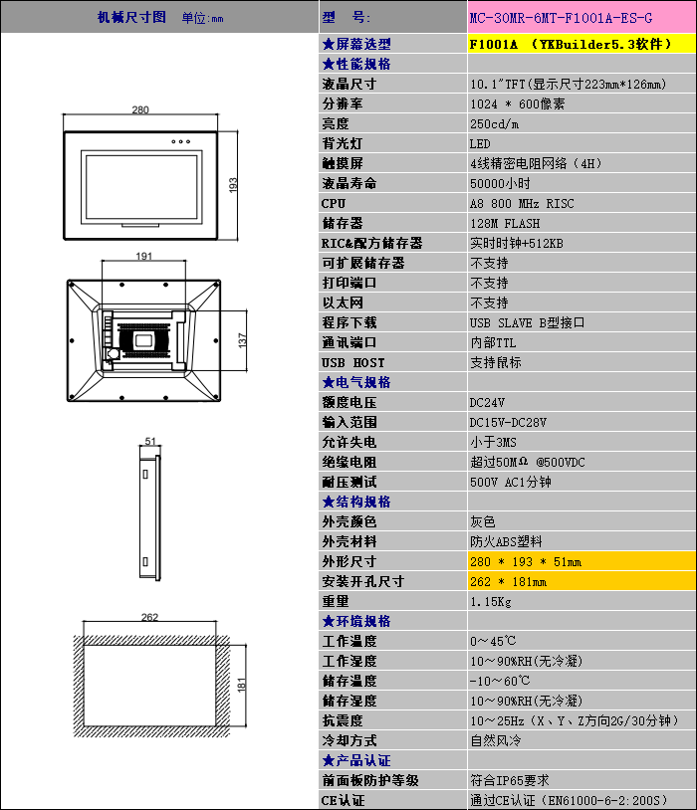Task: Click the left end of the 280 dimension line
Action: [63, 114]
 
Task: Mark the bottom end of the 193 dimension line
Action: [237, 240]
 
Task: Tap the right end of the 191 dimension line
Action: [185, 261]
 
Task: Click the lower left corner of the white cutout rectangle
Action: [84, 725]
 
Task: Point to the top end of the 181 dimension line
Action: [246, 645]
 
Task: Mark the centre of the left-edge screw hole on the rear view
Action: [72, 340]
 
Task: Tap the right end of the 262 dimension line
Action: [216, 622]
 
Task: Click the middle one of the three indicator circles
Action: [180, 141]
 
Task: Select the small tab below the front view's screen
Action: [140, 225]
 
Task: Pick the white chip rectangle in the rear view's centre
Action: [143, 340]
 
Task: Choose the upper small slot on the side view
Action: [145, 474]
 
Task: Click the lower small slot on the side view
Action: [145, 561]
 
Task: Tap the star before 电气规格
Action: [328, 383]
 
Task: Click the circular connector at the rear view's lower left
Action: [113, 354]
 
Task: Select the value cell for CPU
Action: [581, 204]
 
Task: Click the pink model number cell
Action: [581, 17]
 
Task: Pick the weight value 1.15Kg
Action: [491, 602]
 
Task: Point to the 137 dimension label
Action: [242, 340]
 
